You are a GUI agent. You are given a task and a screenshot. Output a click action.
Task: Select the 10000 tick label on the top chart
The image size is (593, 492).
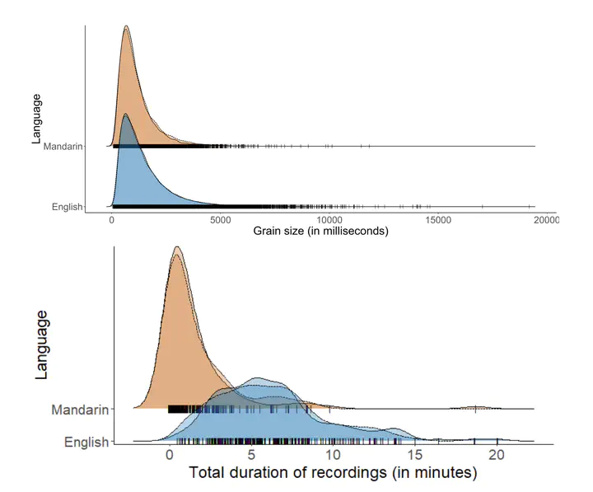(x=329, y=220)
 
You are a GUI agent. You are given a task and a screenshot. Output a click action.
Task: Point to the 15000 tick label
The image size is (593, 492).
(x=438, y=220)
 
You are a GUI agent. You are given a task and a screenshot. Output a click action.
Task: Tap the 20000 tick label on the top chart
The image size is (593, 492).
(x=546, y=220)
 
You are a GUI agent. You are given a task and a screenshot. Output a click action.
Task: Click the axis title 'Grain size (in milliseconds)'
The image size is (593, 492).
(x=320, y=232)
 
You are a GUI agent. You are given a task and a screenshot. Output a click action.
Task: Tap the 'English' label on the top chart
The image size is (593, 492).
(x=68, y=207)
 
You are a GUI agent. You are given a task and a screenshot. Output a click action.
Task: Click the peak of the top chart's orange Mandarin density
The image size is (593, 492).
(x=126, y=26)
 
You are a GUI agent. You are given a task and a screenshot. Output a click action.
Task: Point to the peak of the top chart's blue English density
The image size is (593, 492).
(x=126, y=115)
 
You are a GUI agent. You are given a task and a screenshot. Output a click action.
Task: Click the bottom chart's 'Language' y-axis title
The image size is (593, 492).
(x=41, y=344)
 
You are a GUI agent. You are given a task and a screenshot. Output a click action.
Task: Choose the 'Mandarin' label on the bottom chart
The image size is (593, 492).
(x=80, y=410)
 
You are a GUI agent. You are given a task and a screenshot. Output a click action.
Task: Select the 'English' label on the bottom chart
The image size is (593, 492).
(x=86, y=443)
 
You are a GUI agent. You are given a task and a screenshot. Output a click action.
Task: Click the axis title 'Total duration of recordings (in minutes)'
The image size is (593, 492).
(x=334, y=473)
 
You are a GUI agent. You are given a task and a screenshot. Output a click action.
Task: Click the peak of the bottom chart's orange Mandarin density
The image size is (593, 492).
(x=175, y=246)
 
